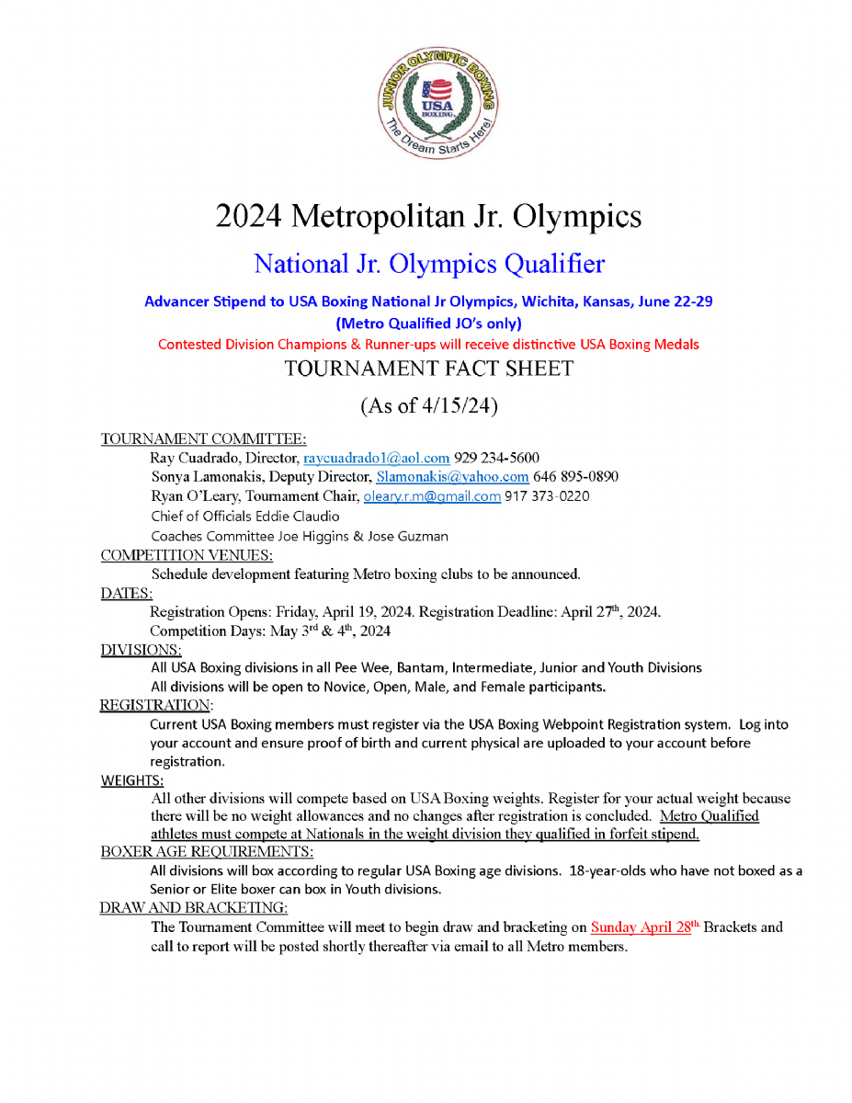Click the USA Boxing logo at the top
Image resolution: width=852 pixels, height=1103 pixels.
(x=437, y=102)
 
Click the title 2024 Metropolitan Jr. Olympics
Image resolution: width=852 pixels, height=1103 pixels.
(x=428, y=217)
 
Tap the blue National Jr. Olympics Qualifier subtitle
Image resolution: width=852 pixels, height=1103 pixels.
(x=429, y=265)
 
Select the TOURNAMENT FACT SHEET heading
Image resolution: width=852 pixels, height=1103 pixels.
(x=428, y=369)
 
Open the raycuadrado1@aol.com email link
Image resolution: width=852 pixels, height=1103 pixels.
(x=376, y=458)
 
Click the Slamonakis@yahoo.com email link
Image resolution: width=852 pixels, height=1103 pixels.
(x=452, y=477)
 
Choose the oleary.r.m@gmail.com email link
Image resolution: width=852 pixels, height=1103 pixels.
(x=432, y=496)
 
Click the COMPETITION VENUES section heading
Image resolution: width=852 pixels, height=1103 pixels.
(x=187, y=555)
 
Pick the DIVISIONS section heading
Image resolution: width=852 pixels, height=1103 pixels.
(x=141, y=650)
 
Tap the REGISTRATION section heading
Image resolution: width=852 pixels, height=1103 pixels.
(x=156, y=706)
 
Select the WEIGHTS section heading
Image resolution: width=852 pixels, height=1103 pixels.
(x=132, y=781)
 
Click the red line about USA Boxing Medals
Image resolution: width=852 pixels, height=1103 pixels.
(x=428, y=345)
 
